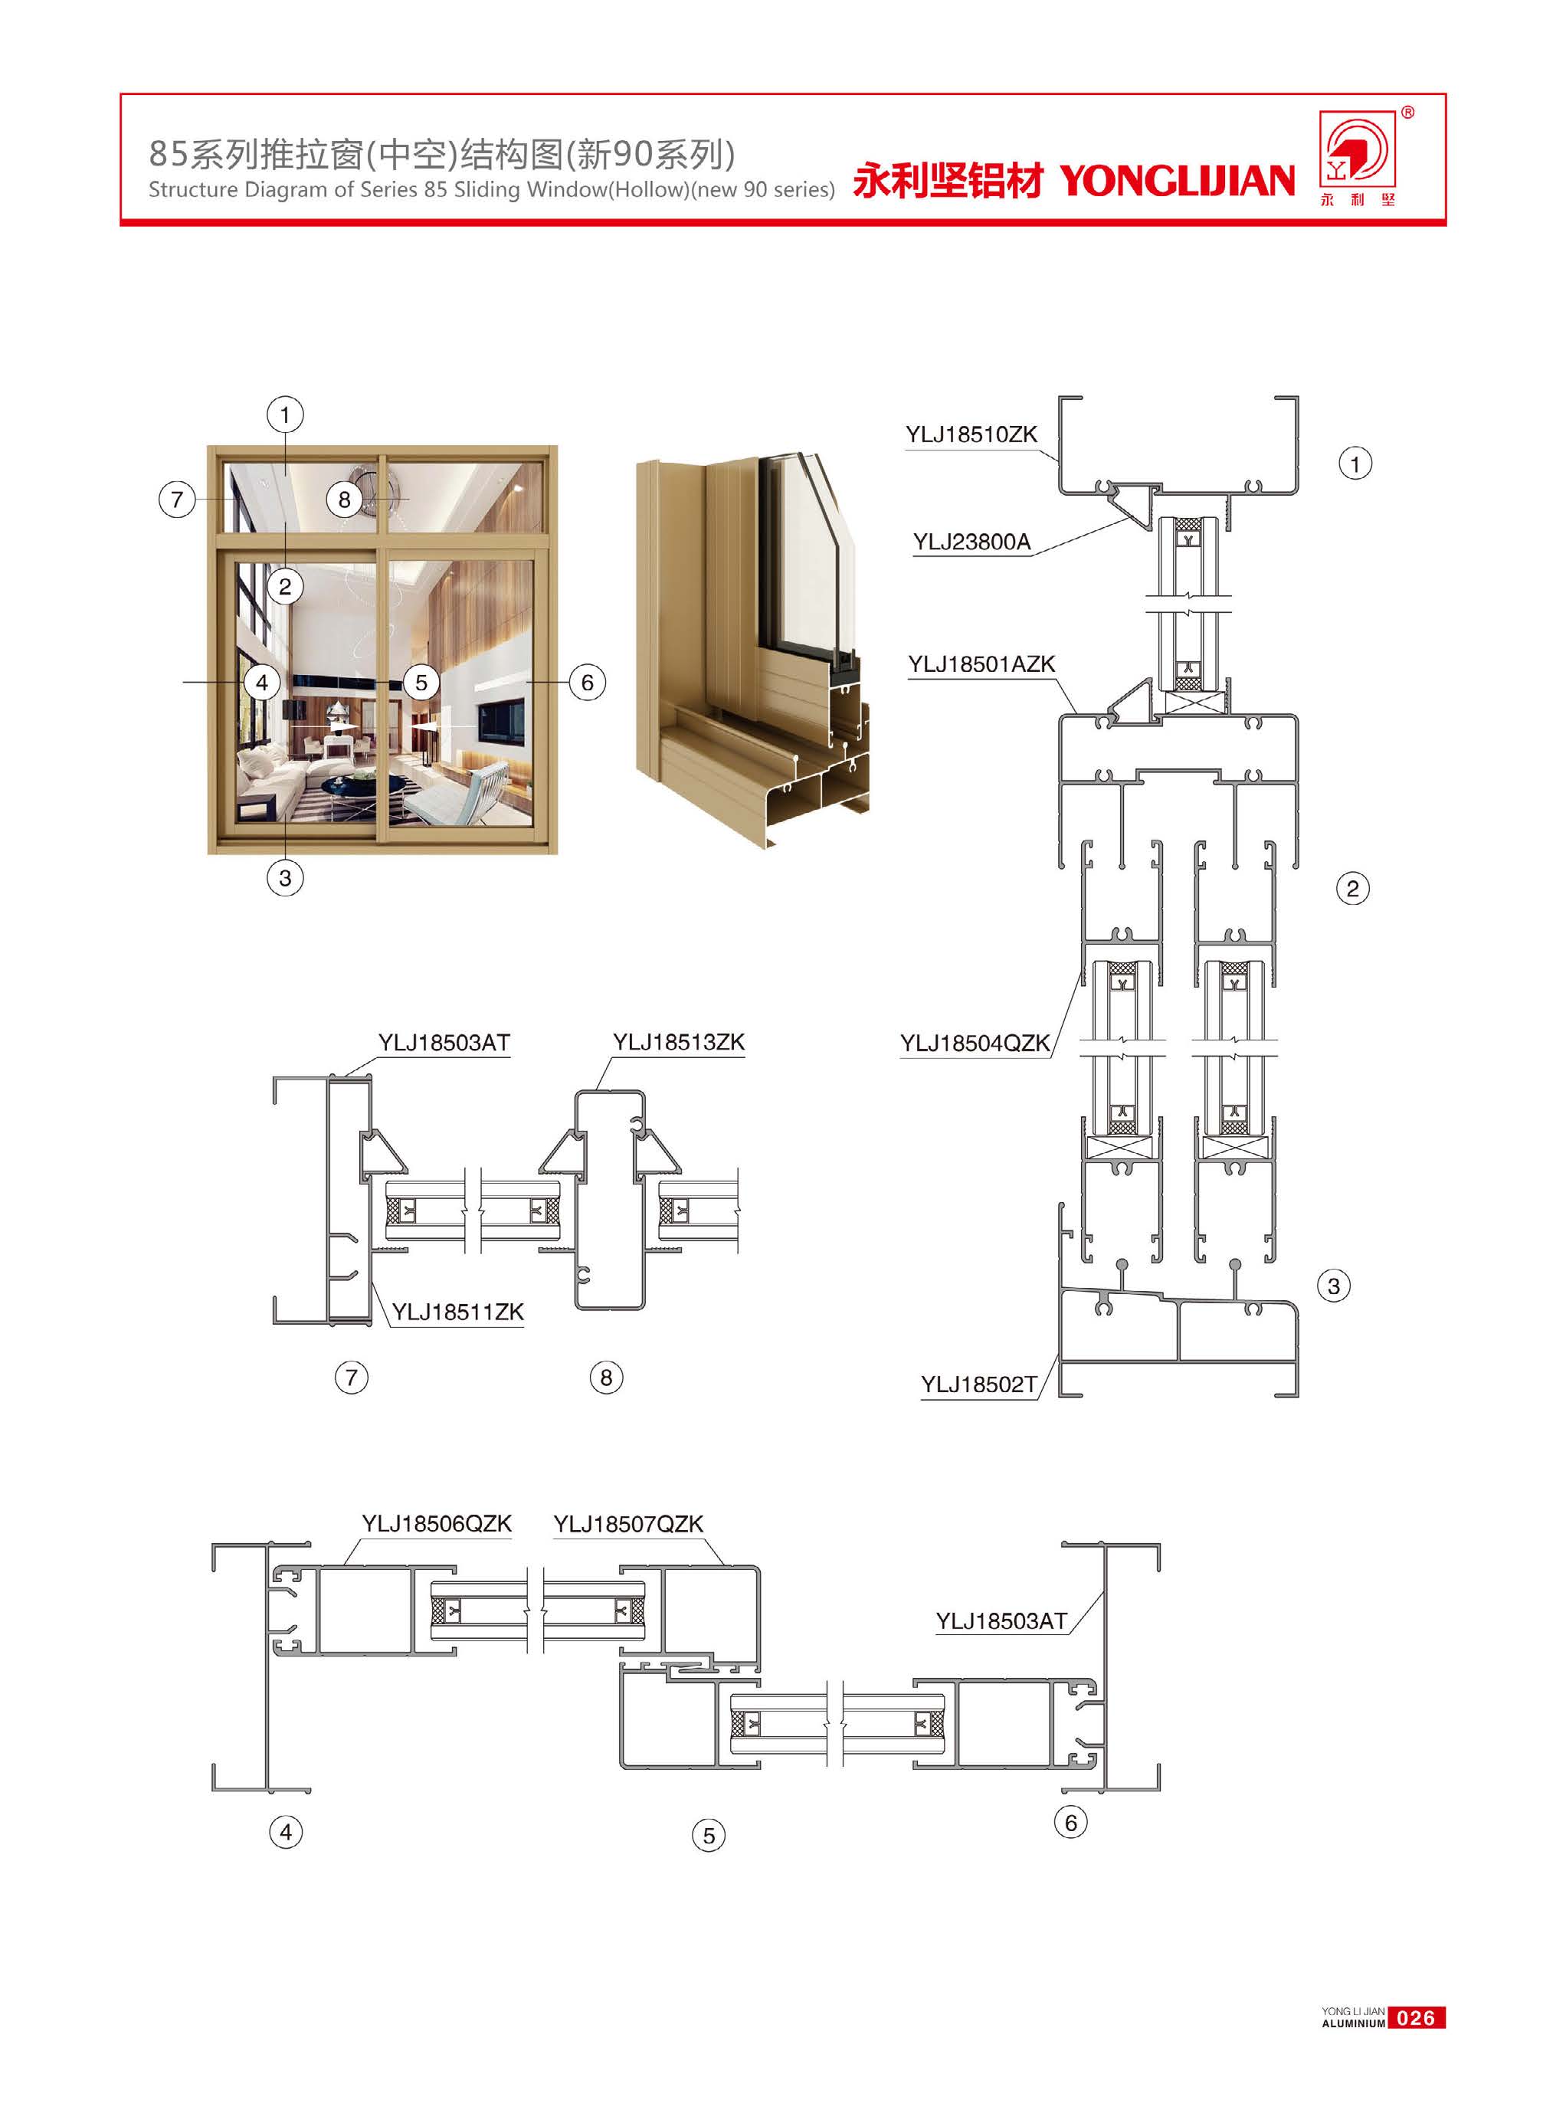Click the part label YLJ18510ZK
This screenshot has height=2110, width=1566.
pos(971,435)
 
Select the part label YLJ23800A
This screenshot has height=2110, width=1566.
pos(971,542)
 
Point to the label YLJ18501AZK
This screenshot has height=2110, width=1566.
pos(982,664)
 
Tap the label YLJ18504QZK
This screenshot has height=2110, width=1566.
pos(975,1044)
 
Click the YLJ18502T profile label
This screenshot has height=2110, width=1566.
pos(979,1385)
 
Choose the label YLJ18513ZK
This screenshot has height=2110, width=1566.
pos(679,1043)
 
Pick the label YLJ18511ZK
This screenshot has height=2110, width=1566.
pos(458,1312)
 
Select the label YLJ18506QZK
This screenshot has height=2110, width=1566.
pos(437,1523)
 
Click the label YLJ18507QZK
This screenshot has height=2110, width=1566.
pos(628,1523)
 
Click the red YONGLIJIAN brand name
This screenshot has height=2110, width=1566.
pos(1176,180)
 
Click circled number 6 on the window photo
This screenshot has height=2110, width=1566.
pos(587,683)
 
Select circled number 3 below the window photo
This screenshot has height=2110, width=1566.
pos(285,878)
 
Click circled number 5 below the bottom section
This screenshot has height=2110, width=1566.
pos(709,1835)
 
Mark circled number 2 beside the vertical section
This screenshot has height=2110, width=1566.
pos(1353,888)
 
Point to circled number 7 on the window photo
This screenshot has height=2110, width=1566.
pos(176,499)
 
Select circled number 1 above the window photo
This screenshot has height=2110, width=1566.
pos(285,414)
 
